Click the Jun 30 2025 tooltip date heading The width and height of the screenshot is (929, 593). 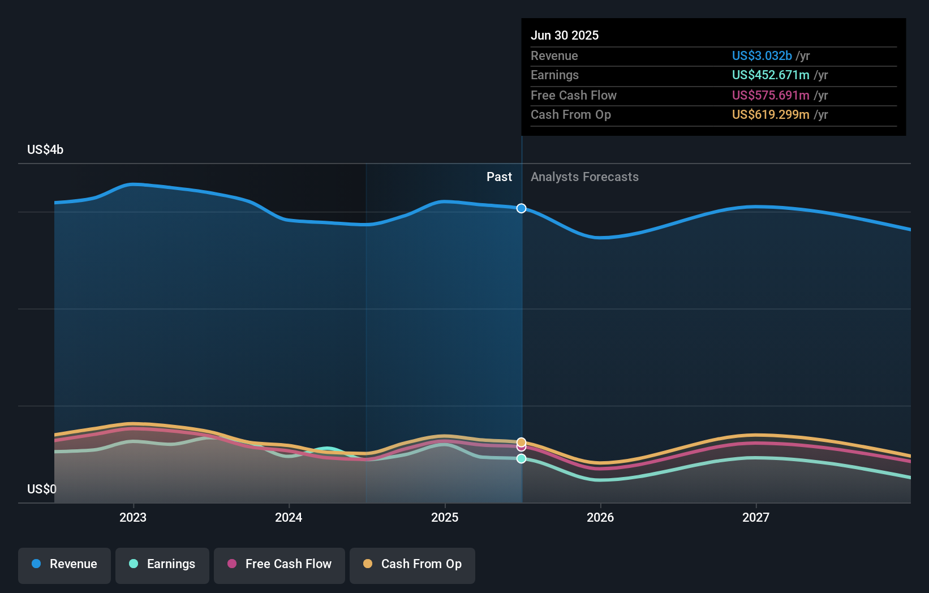(564, 35)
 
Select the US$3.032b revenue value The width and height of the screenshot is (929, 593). (762, 55)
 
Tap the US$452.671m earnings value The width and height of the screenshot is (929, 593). (770, 75)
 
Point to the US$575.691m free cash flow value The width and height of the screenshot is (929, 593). (770, 95)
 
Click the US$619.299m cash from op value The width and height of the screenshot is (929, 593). (770, 114)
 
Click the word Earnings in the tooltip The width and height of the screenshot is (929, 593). (554, 75)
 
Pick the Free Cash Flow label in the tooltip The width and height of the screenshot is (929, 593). (573, 95)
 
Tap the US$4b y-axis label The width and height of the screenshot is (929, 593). (45, 149)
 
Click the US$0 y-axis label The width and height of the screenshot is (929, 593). (42, 489)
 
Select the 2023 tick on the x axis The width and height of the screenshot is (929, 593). (133, 517)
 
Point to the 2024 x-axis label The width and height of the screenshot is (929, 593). (289, 517)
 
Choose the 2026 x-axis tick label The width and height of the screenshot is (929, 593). (600, 517)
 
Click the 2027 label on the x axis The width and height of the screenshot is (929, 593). (756, 517)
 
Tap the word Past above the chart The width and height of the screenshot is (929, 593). (499, 177)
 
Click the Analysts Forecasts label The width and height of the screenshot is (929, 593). (584, 177)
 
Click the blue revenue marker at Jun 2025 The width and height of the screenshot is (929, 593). (521, 208)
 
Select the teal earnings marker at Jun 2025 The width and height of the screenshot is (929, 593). (521, 458)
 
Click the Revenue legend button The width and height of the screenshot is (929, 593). (64, 564)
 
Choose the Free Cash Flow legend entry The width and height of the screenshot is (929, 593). (279, 564)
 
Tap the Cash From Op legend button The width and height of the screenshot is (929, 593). (412, 564)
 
